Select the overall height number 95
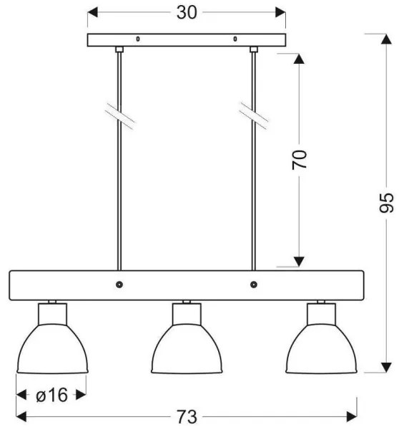pos(387,204)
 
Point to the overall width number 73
pos(187,416)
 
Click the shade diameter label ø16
pos(51,393)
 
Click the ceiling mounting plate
pos(186,40)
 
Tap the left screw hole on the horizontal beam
pos(119,285)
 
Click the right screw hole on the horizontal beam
pos(254,285)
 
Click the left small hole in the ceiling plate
pos(139,39)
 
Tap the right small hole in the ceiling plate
pos(234,39)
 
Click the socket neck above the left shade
pos(51,314)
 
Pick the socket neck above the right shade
pos(320,314)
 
